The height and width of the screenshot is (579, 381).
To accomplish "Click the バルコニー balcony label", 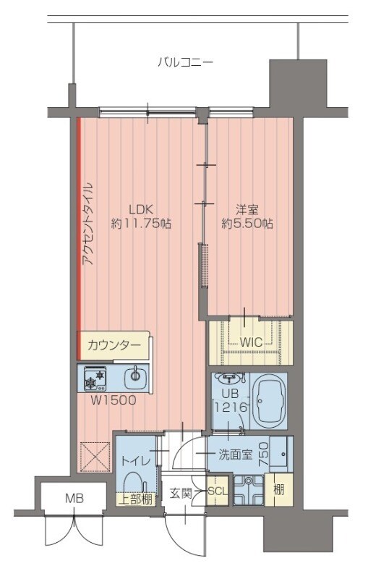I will (x=185, y=62).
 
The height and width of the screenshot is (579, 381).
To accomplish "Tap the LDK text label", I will (x=141, y=209).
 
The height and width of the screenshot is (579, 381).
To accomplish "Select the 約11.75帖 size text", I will (x=141, y=224).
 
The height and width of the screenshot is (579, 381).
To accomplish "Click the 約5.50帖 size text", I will (x=247, y=224).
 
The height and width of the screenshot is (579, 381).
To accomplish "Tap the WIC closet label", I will (x=250, y=341).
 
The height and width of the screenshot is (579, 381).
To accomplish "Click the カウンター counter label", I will (x=114, y=345).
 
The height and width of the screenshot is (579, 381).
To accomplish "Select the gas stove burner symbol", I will (x=95, y=377).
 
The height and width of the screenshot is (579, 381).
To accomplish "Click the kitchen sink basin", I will (x=134, y=376).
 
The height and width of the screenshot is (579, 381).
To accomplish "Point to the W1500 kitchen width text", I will (x=114, y=400).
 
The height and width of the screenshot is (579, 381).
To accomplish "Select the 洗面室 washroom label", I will (x=236, y=455).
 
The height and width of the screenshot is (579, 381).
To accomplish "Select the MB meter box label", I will (x=74, y=498).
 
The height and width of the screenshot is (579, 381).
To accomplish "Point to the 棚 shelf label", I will (x=278, y=489).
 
